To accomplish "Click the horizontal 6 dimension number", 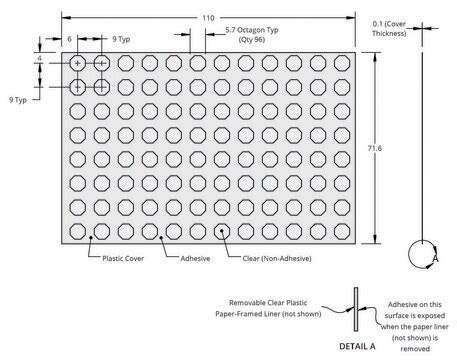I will pos(70,40).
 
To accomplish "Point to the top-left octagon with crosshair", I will pos(78,62).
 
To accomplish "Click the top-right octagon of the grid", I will pos(340,62).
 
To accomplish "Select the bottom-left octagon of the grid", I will pos(78,232).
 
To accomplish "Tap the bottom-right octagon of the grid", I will pos(340,232).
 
